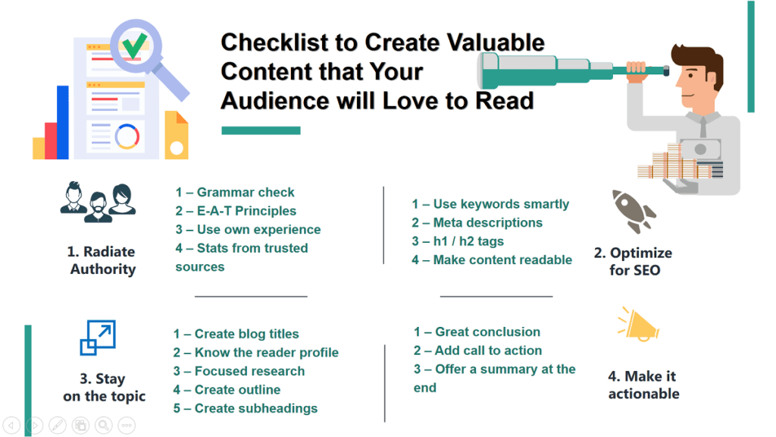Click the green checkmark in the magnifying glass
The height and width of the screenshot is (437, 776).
(135, 46)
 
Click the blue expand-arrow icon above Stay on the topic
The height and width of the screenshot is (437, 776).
(98, 338)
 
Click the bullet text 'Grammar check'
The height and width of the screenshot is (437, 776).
(235, 192)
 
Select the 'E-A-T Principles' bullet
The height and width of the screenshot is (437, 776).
(236, 211)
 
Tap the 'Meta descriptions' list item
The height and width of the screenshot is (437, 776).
(477, 222)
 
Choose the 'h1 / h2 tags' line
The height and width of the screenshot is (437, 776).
(458, 241)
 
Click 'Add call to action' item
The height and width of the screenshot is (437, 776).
(477, 351)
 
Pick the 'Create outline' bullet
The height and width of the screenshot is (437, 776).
(227, 390)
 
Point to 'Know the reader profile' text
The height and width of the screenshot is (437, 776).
(255, 353)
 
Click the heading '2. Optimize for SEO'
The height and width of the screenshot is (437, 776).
(633, 261)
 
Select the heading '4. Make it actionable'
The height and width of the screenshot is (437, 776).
(643, 385)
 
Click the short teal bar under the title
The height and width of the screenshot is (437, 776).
(260, 130)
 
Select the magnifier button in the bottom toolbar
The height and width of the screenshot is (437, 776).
(103, 424)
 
